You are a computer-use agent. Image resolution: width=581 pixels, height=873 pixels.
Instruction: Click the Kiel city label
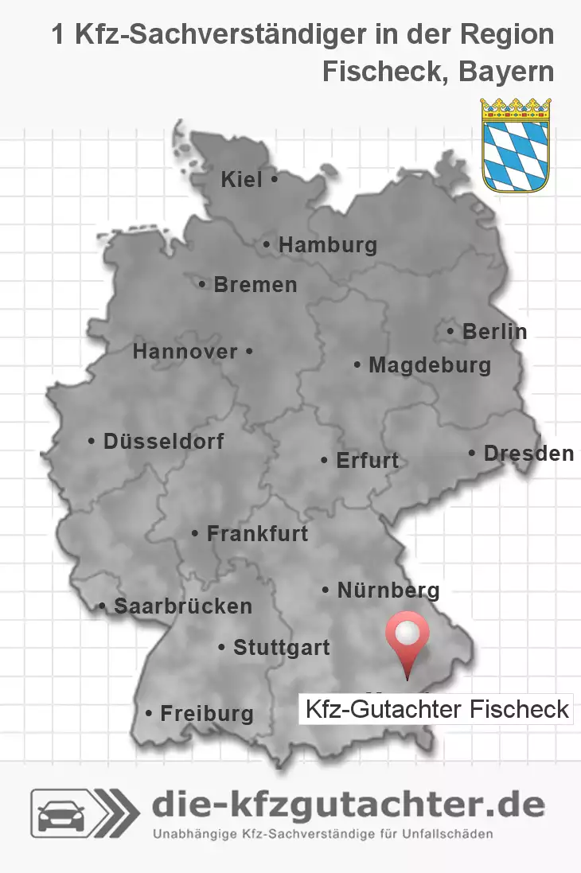pos(242,181)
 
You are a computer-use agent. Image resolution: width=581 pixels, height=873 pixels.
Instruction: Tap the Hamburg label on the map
pos(327,245)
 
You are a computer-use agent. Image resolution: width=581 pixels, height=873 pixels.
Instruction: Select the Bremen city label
pos(255,284)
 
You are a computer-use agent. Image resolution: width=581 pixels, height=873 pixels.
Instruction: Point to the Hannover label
pos(185,351)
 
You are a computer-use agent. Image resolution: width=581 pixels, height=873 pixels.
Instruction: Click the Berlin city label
pos(494,331)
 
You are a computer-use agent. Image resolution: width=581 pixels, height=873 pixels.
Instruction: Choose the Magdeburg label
pos(429,366)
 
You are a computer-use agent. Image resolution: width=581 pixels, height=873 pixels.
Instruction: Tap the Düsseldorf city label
pos(163,441)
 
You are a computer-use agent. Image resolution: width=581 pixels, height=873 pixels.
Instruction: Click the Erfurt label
pos(367,461)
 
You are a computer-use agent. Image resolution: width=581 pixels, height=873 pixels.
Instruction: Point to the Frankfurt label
pos(256,533)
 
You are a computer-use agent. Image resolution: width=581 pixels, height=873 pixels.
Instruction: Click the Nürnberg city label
pos(388,590)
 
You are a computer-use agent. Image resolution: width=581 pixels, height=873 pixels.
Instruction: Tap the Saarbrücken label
pos(182,606)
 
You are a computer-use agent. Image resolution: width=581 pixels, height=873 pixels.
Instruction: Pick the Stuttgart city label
pos(281,648)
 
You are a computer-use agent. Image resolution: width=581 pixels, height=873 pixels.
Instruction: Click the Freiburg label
pos(206,714)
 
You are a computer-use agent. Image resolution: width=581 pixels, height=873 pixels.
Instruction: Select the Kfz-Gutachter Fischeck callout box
pos(436,708)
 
